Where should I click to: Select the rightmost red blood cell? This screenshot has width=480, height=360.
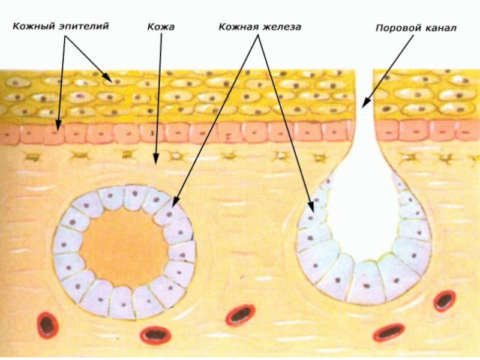(445, 300)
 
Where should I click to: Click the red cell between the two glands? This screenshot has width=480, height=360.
(241, 314)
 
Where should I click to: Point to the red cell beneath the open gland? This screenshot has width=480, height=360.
(388, 331)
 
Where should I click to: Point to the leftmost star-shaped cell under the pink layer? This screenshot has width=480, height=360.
(31, 157)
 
